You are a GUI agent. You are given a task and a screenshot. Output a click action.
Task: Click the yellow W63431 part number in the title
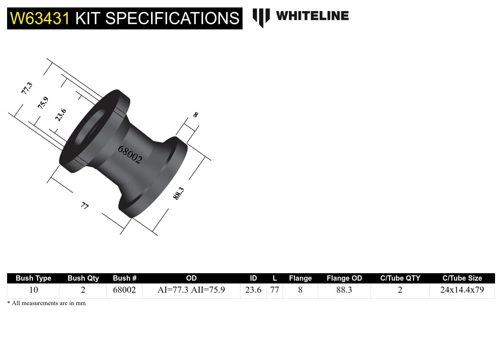[x=40, y=18]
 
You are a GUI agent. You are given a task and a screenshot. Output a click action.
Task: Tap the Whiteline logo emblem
[x=261, y=17]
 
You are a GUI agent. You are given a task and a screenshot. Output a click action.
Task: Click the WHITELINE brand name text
[x=312, y=16]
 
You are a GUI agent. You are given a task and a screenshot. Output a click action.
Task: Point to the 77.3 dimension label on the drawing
[x=27, y=88]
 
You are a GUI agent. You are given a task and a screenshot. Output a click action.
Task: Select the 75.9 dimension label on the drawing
[x=43, y=103]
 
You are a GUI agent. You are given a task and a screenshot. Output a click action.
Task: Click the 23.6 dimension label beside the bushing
[x=61, y=115]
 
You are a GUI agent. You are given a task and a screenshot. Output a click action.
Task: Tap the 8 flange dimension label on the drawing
[x=196, y=115]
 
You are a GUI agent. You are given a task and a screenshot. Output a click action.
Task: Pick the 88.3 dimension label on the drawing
[x=179, y=193]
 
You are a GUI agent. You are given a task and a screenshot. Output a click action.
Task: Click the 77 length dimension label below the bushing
[x=85, y=206]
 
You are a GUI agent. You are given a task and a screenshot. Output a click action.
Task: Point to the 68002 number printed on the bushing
[x=130, y=154]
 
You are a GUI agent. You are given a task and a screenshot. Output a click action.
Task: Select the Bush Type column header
[x=33, y=278]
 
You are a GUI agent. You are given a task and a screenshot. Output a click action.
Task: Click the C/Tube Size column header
[x=462, y=278]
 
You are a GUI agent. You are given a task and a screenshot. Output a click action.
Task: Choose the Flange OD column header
[x=344, y=278]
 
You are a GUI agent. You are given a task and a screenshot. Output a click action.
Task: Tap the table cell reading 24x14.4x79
[x=462, y=290]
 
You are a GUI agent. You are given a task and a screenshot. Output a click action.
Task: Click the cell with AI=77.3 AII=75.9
[x=191, y=290]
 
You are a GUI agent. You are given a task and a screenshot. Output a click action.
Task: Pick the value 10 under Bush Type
[x=33, y=290]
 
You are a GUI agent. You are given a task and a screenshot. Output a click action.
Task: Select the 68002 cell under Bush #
[x=124, y=290]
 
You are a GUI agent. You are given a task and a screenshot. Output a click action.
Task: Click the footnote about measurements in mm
[x=46, y=303]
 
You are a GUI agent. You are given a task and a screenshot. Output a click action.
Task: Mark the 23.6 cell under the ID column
[x=253, y=290]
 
